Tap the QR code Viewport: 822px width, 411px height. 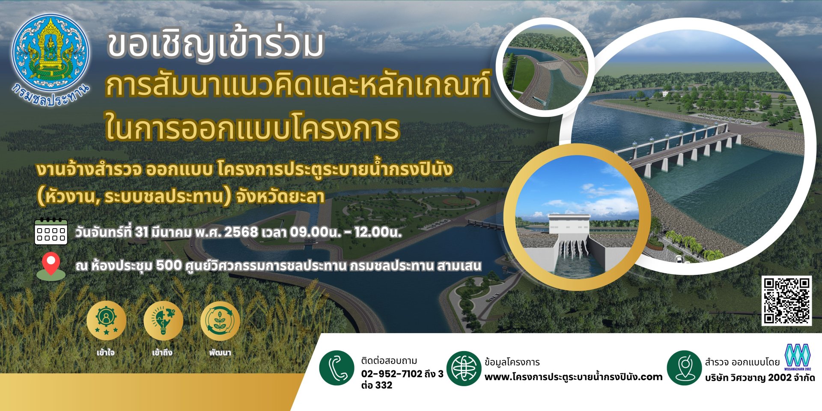click(x=787, y=301)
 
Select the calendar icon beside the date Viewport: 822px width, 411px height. click(x=51, y=231)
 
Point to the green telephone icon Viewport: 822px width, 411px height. click(x=337, y=368)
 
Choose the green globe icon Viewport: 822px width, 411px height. click(x=464, y=368)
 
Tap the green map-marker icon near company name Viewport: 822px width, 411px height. click(x=684, y=368)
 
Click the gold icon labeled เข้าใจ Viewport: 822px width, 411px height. click(x=106, y=321)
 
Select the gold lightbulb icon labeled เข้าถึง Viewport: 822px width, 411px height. click(x=163, y=321)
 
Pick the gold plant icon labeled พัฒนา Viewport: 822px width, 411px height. click(x=220, y=321)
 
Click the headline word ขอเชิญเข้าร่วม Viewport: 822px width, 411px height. click(x=215, y=45)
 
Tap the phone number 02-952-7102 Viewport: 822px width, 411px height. click(x=392, y=374)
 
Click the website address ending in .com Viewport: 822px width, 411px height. click(x=573, y=377)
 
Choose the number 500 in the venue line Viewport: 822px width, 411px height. click(x=169, y=266)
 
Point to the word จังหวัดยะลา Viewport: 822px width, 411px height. click(x=280, y=197)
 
